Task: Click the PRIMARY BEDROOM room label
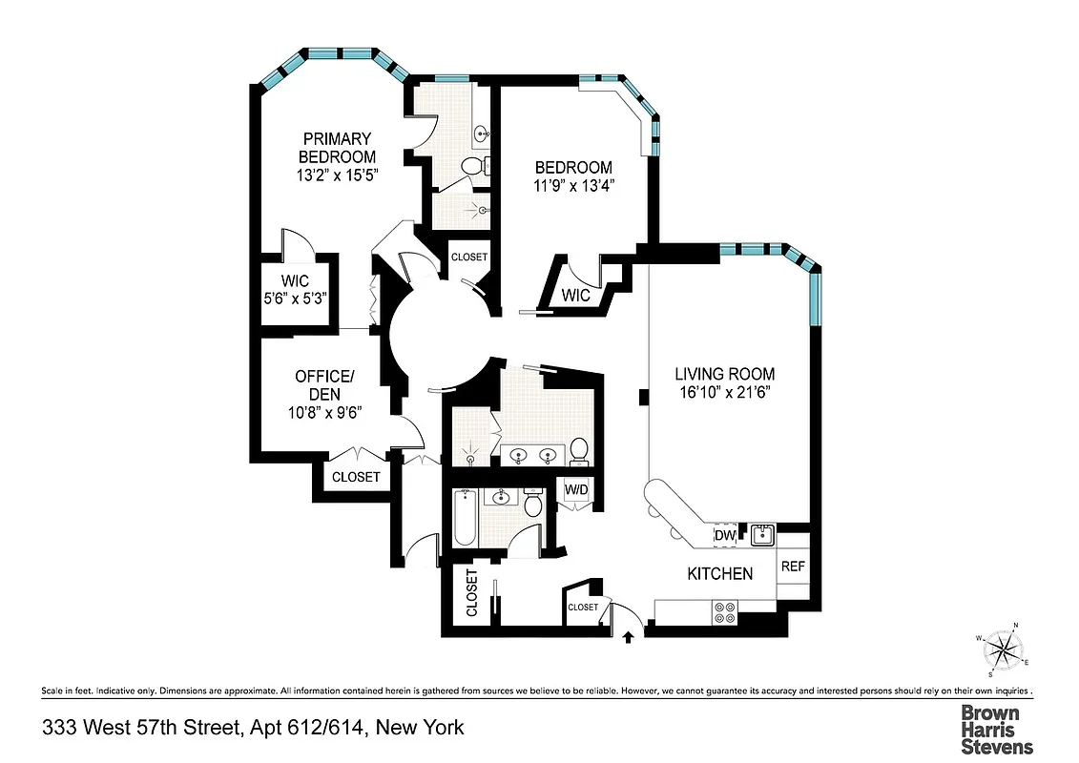(x=337, y=148)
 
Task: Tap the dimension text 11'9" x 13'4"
(x=572, y=186)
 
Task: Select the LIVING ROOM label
(x=725, y=374)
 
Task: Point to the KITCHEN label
(x=720, y=573)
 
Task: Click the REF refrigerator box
(x=794, y=566)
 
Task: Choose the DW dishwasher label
(x=725, y=537)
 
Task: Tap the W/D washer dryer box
(x=576, y=490)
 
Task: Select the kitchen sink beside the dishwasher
(x=761, y=535)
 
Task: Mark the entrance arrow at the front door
(x=629, y=636)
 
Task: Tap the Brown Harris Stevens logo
(x=996, y=730)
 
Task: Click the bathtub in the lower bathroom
(x=465, y=517)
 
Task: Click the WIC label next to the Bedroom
(x=576, y=296)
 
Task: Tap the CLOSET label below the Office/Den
(x=356, y=477)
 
